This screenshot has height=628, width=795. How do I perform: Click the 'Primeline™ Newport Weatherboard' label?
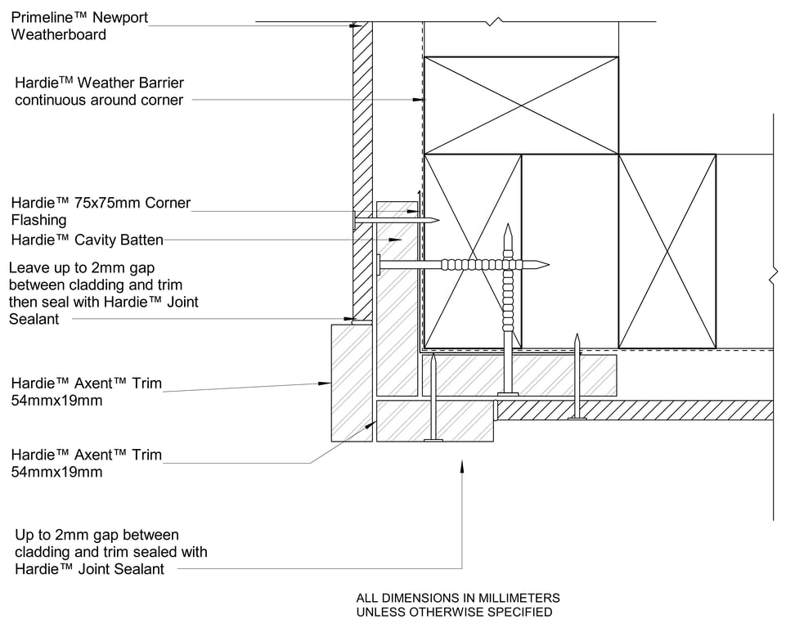click(x=79, y=26)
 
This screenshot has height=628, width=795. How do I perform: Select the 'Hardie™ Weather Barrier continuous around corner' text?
click(x=99, y=92)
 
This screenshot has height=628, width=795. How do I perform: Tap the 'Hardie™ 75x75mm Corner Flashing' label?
click(x=100, y=211)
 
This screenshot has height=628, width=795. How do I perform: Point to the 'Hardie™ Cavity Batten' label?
click(x=88, y=240)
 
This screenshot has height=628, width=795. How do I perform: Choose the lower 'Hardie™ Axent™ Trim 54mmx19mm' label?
click(x=86, y=463)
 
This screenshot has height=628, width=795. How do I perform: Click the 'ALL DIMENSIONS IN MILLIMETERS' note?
click(x=458, y=598)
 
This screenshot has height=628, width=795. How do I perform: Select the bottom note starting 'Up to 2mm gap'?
click(x=111, y=552)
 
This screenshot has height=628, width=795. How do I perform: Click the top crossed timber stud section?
click(x=521, y=105)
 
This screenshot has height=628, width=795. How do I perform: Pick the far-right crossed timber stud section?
click(x=667, y=251)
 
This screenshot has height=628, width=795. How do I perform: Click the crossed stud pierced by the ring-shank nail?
click(x=473, y=251)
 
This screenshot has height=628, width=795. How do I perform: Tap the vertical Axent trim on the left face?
click(x=352, y=382)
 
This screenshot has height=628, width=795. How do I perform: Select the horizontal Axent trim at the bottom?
click(x=434, y=420)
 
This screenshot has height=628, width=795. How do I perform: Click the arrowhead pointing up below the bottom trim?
click(x=462, y=464)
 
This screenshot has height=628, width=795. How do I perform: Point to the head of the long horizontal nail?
click(x=380, y=264)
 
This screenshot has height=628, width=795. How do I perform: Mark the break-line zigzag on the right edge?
click(x=773, y=276)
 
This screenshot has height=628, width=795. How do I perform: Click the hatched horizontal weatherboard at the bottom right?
click(x=635, y=410)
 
